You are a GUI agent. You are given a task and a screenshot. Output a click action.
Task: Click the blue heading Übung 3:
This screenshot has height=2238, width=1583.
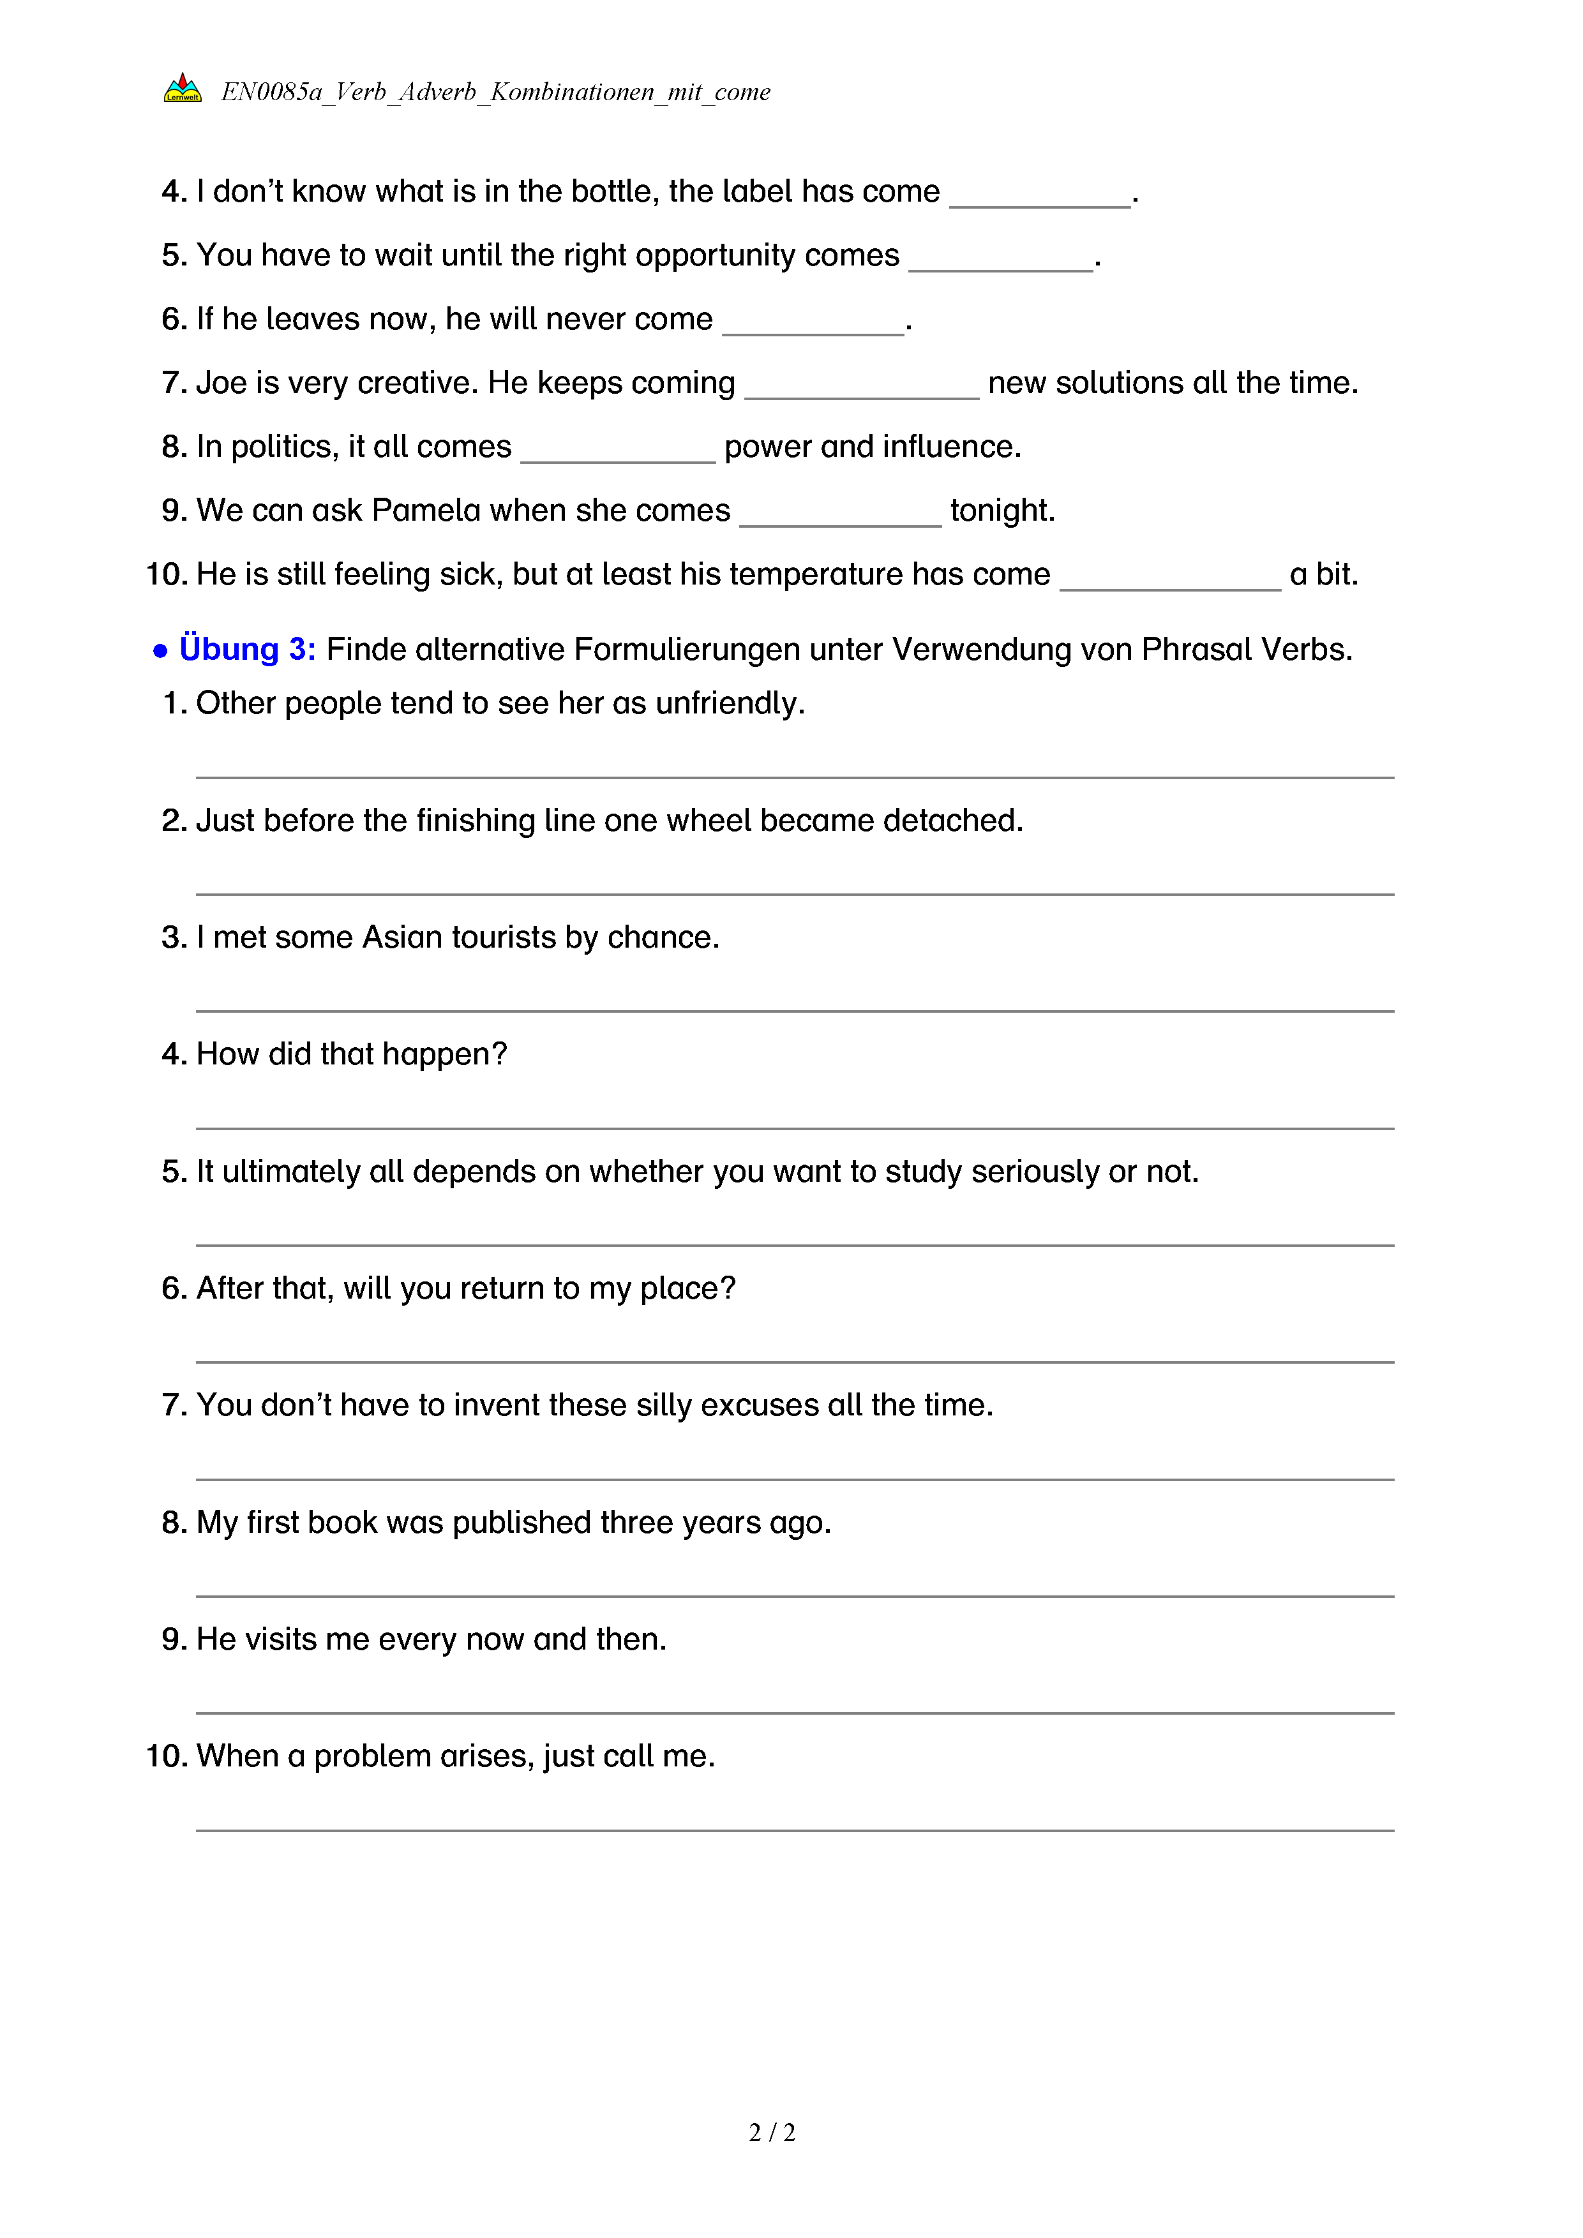pyautogui.click(x=248, y=649)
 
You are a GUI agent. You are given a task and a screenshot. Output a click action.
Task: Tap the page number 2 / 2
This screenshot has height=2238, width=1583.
pyautogui.click(x=772, y=2132)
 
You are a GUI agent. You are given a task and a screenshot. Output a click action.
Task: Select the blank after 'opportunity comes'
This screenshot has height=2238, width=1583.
pyautogui.click(x=1000, y=263)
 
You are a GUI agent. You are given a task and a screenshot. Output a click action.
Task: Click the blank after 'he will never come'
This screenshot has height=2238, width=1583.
pyautogui.click(x=813, y=327)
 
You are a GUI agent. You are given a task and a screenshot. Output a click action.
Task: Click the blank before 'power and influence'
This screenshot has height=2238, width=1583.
pyautogui.click(x=618, y=455)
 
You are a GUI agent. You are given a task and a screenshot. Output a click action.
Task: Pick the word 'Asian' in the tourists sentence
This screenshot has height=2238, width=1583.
pyautogui.click(x=401, y=937)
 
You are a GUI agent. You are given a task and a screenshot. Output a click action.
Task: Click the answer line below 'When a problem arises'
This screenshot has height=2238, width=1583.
pyautogui.click(x=795, y=1830)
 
